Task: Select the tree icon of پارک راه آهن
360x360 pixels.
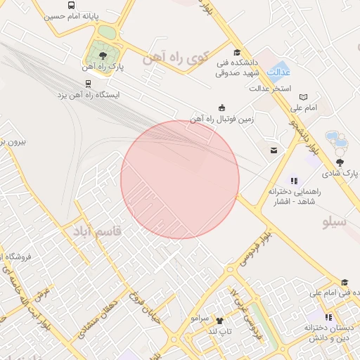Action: click(103, 55)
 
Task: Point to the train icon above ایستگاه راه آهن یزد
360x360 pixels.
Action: click(88, 83)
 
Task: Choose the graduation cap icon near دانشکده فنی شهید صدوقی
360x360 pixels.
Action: click(236, 52)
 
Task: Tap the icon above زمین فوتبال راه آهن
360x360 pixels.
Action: click(222, 108)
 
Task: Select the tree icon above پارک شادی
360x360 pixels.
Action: click(340, 162)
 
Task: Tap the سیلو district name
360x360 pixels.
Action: click(335, 222)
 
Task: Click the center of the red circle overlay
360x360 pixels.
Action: click(180, 179)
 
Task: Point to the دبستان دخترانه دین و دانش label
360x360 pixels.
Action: click(328, 333)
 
